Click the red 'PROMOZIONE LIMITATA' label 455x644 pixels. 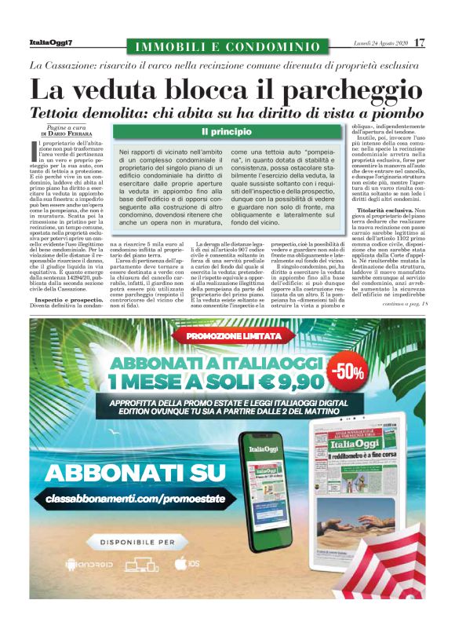pyautogui.click(x=227, y=337)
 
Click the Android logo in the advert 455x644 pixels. pyautogui.click(x=84, y=564)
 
